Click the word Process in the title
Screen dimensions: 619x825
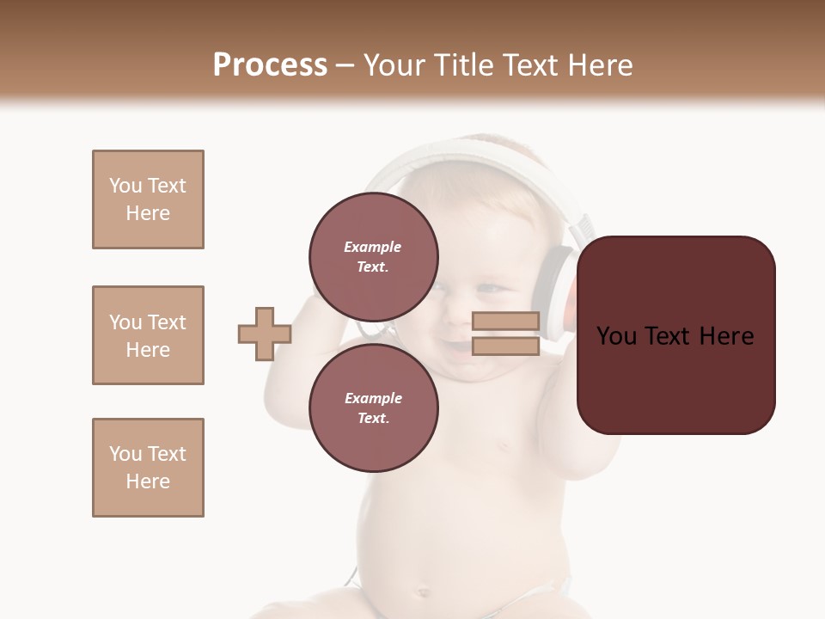pos(270,65)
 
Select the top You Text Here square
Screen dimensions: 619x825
pos(148,199)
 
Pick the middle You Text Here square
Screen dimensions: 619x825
pos(148,335)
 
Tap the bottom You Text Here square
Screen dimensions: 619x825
pos(148,468)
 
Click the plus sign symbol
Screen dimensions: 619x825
pos(264,334)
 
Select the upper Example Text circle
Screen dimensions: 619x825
pos(374,257)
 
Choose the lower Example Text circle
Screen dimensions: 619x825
pos(374,408)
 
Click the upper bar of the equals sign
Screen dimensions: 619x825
pos(505,322)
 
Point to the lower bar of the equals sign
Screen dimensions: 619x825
pos(505,346)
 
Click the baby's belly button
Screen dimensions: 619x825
pos(423,591)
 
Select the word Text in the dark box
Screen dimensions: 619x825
pos(675,336)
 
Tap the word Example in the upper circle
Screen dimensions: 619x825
pos(372,247)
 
